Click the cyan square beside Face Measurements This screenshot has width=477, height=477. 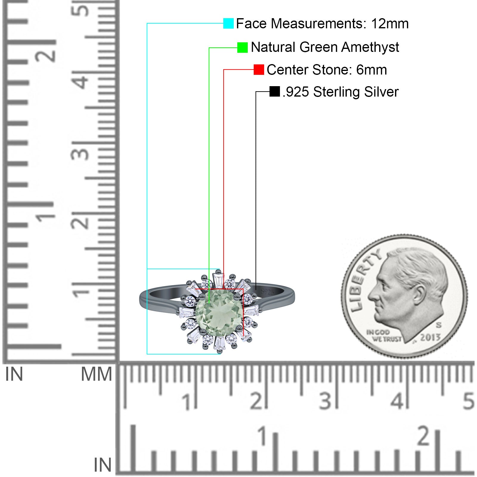tap(228, 23)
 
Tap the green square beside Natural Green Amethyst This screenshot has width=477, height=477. tap(242, 47)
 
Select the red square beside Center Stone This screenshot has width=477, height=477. tap(259, 69)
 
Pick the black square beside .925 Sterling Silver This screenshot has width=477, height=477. tap(275, 92)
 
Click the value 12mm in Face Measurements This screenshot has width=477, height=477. tap(390, 24)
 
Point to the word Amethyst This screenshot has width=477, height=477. tap(370, 47)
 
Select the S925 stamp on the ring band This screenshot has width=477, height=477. tap(267, 292)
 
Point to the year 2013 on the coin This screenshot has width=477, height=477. tap(430, 337)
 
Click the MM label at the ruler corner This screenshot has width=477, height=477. tap(97, 374)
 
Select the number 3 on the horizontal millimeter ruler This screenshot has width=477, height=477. tap(325, 401)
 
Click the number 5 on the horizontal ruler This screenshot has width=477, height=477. tap(468, 401)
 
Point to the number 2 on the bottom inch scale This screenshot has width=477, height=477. tap(424, 436)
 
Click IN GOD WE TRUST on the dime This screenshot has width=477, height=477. tap(384, 336)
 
